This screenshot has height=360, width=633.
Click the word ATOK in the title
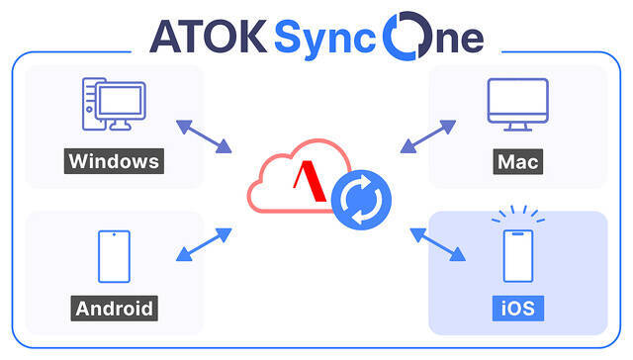209,37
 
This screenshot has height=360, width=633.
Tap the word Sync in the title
325,40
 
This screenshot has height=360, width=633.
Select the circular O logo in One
407,36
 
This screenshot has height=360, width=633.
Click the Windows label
114,161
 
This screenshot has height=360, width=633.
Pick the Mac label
518,162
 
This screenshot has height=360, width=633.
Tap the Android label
115,309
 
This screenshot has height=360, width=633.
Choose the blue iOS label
518,309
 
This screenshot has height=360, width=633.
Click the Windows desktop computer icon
114,104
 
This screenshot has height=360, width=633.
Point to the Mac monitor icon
518,105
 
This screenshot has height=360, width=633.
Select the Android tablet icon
115,257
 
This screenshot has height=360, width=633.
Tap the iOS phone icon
518,256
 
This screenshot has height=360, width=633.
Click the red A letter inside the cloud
310,181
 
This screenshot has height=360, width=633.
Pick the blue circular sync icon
361,200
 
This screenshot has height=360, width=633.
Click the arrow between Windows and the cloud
204,136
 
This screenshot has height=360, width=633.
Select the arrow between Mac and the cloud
428,136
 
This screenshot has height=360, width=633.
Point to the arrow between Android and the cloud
204,244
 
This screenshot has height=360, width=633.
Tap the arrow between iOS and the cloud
437,244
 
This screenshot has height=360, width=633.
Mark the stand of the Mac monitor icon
518,128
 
